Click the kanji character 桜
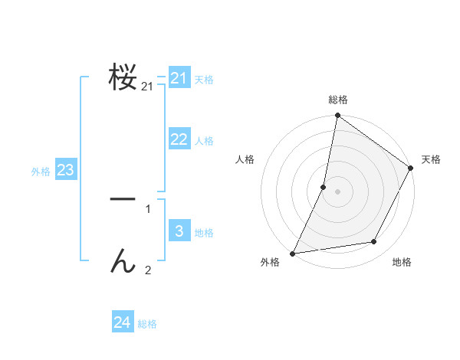coord(123,77)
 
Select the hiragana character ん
coord(123,262)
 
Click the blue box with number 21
coord(179,78)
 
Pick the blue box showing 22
coord(179,139)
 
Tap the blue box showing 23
coord(65,170)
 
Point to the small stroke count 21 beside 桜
coord(147,87)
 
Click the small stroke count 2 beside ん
coord(148,270)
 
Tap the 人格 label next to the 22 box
coord(204,141)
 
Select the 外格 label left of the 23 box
coord(41,172)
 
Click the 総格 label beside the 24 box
coord(147,325)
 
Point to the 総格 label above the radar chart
coord(337,100)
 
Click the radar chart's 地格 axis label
coord(402,262)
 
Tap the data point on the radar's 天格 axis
coord(411,169)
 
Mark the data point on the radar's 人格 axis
coord(324,187)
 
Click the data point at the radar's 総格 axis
coord(337,116)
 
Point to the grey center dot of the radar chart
coord(337,191)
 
